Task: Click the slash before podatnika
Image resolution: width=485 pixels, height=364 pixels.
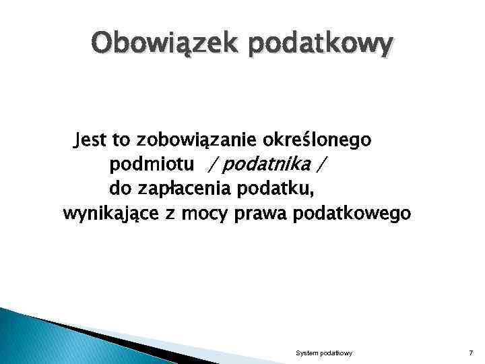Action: tap(214, 164)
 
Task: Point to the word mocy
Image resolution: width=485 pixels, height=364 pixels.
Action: tap(207, 214)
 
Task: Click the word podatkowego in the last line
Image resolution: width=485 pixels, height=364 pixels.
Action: tap(352, 214)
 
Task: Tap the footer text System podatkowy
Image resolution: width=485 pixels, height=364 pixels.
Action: tap(324, 353)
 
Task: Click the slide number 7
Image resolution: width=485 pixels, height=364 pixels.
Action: tap(470, 353)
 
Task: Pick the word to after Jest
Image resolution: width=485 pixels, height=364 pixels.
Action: tap(121, 140)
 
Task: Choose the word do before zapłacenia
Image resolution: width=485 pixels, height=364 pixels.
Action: tap(120, 189)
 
